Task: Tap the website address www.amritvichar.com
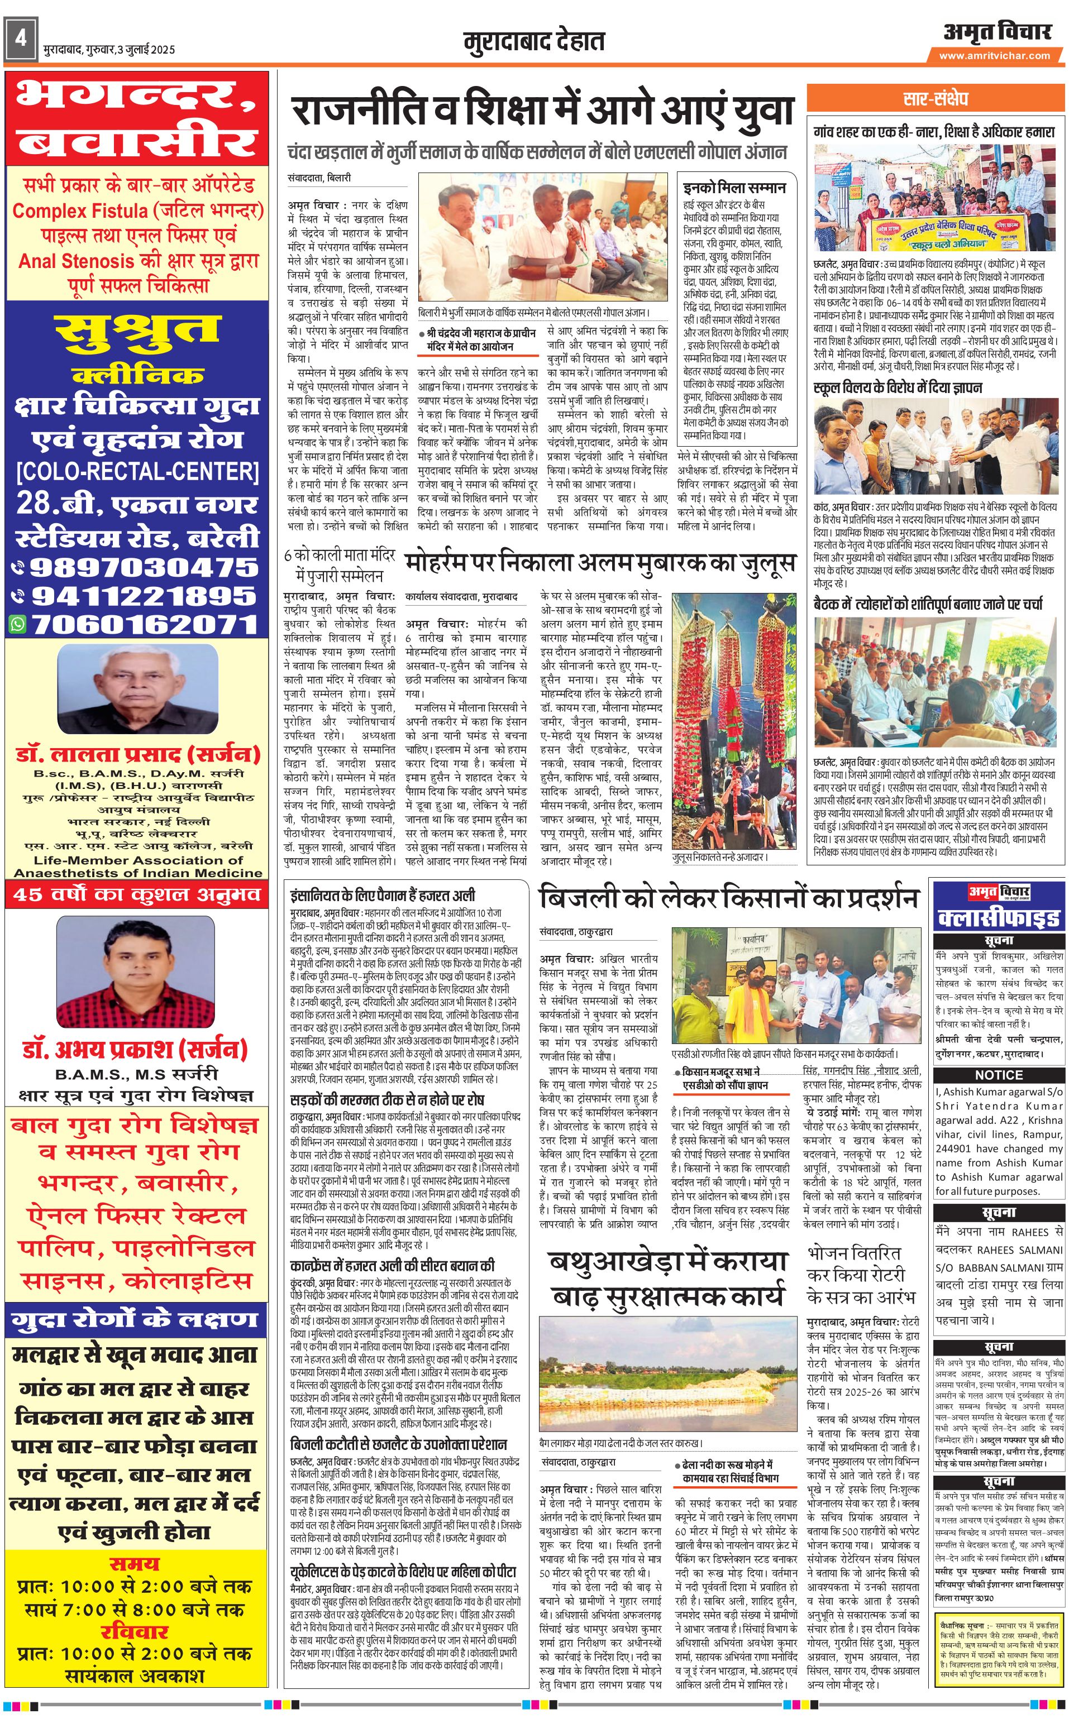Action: point(994,56)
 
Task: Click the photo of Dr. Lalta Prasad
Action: point(137,688)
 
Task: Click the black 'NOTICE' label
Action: point(998,1075)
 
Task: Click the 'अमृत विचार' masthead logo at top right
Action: point(996,32)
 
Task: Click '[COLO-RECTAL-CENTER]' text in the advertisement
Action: point(138,471)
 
